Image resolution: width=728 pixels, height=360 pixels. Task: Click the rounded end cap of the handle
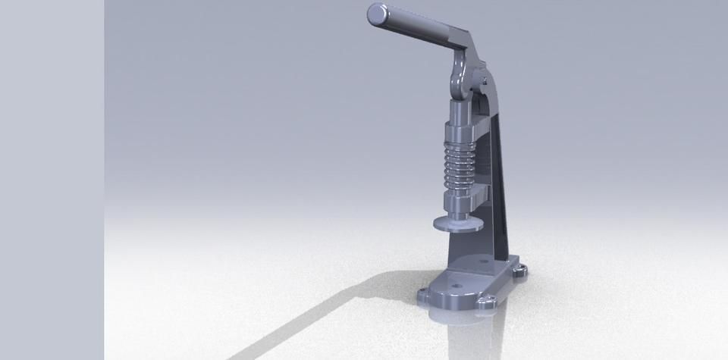[376, 14]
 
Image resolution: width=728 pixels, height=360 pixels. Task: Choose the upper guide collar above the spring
[460, 122]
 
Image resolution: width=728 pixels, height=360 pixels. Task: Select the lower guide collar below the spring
[460, 193]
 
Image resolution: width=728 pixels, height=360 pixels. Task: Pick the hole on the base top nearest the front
[456, 286]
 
